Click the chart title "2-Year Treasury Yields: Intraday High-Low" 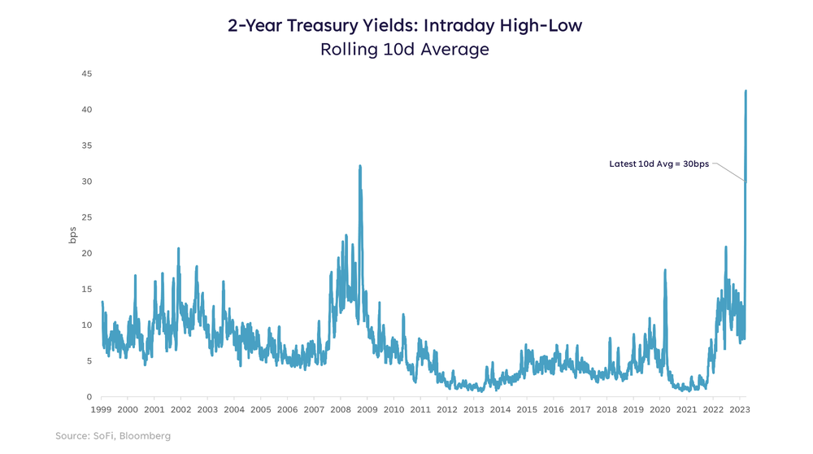[406, 26]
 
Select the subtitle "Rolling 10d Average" [406, 49]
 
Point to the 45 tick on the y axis [86, 74]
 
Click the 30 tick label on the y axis [86, 181]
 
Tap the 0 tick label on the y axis [89, 397]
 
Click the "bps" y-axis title [72, 235]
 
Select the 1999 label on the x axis [101, 410]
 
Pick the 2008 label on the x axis [341, 410]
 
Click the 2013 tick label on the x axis [473, 410]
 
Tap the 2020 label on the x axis [660, 410]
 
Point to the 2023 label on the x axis [740, 410]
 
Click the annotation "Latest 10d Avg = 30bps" [659, 164]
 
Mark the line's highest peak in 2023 [746, 91]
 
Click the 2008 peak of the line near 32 [360, 166]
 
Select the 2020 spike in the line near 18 [665, 270]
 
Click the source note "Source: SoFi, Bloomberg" [113, 437]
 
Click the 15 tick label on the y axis [86, 289]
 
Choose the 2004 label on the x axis [234, 410]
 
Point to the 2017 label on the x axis [580, 410]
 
